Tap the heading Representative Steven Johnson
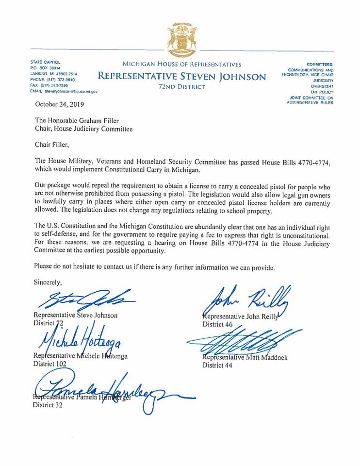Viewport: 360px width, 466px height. (182, 76)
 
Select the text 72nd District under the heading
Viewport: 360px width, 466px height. (182, 87)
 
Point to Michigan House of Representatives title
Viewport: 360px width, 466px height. (181, 64)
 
